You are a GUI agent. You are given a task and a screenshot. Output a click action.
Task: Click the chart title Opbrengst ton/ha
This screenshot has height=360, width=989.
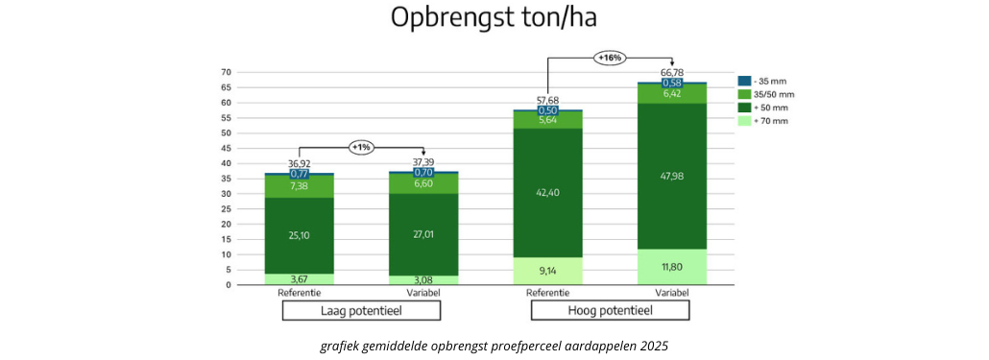click(494, 18)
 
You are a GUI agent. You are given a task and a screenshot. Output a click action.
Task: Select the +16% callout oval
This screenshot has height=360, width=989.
click(610, 58)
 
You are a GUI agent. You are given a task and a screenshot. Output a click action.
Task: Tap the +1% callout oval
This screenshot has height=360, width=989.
click(361, 147)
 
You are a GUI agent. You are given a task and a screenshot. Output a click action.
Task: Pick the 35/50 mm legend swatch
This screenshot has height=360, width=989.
click(743, 94)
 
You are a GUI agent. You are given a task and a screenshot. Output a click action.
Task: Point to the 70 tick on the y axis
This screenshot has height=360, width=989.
click(227, 72)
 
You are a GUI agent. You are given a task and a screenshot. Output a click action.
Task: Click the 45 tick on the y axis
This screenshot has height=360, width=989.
click(227, 148)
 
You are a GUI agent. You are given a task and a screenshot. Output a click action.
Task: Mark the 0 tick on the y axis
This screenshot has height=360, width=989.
click(229, 285)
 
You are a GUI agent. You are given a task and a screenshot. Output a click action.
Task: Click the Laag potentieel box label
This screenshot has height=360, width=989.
click(361, 311)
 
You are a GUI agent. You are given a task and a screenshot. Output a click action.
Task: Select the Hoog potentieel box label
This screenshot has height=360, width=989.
click(610, 311)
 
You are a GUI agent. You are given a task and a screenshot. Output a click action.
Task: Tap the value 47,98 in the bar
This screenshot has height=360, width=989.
click(672, 176)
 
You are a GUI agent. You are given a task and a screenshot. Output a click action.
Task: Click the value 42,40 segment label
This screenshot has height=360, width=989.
click(547, 192)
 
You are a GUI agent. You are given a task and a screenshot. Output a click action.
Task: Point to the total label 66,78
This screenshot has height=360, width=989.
click(672, 73)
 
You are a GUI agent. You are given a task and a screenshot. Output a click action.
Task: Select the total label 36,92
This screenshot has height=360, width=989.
click(299, 164)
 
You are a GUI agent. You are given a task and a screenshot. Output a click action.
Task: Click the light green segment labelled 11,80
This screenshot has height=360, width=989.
click(672, 267)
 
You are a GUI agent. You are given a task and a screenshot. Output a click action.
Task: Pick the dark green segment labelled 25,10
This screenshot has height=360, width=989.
click(299, 235)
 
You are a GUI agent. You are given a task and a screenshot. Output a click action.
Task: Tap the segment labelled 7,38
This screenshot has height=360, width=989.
click(299, 186)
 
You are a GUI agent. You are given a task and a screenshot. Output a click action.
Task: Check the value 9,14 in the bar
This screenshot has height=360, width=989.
click(547, 271)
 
